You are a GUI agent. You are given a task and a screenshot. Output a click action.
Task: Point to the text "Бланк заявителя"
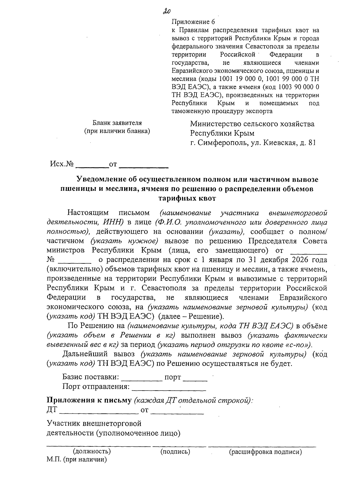pyautogui.click(x=117, y=123)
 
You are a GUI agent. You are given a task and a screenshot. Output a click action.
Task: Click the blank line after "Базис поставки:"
pyautogui.click(x=142, y=378)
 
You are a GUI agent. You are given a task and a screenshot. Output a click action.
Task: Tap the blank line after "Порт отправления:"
pyautogui.click(x=169, y=387)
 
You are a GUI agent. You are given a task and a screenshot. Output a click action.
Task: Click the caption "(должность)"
pyautogui.click(x=92, y=451)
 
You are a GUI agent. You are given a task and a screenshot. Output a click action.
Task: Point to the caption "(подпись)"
pyautogui.click(x=175, y=451)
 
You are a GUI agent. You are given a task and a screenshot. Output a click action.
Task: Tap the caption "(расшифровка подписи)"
pyautogui.click(x=265, y=452)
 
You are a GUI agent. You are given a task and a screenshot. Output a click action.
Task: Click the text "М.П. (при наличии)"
pyautogui.click(x=77, y=460)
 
